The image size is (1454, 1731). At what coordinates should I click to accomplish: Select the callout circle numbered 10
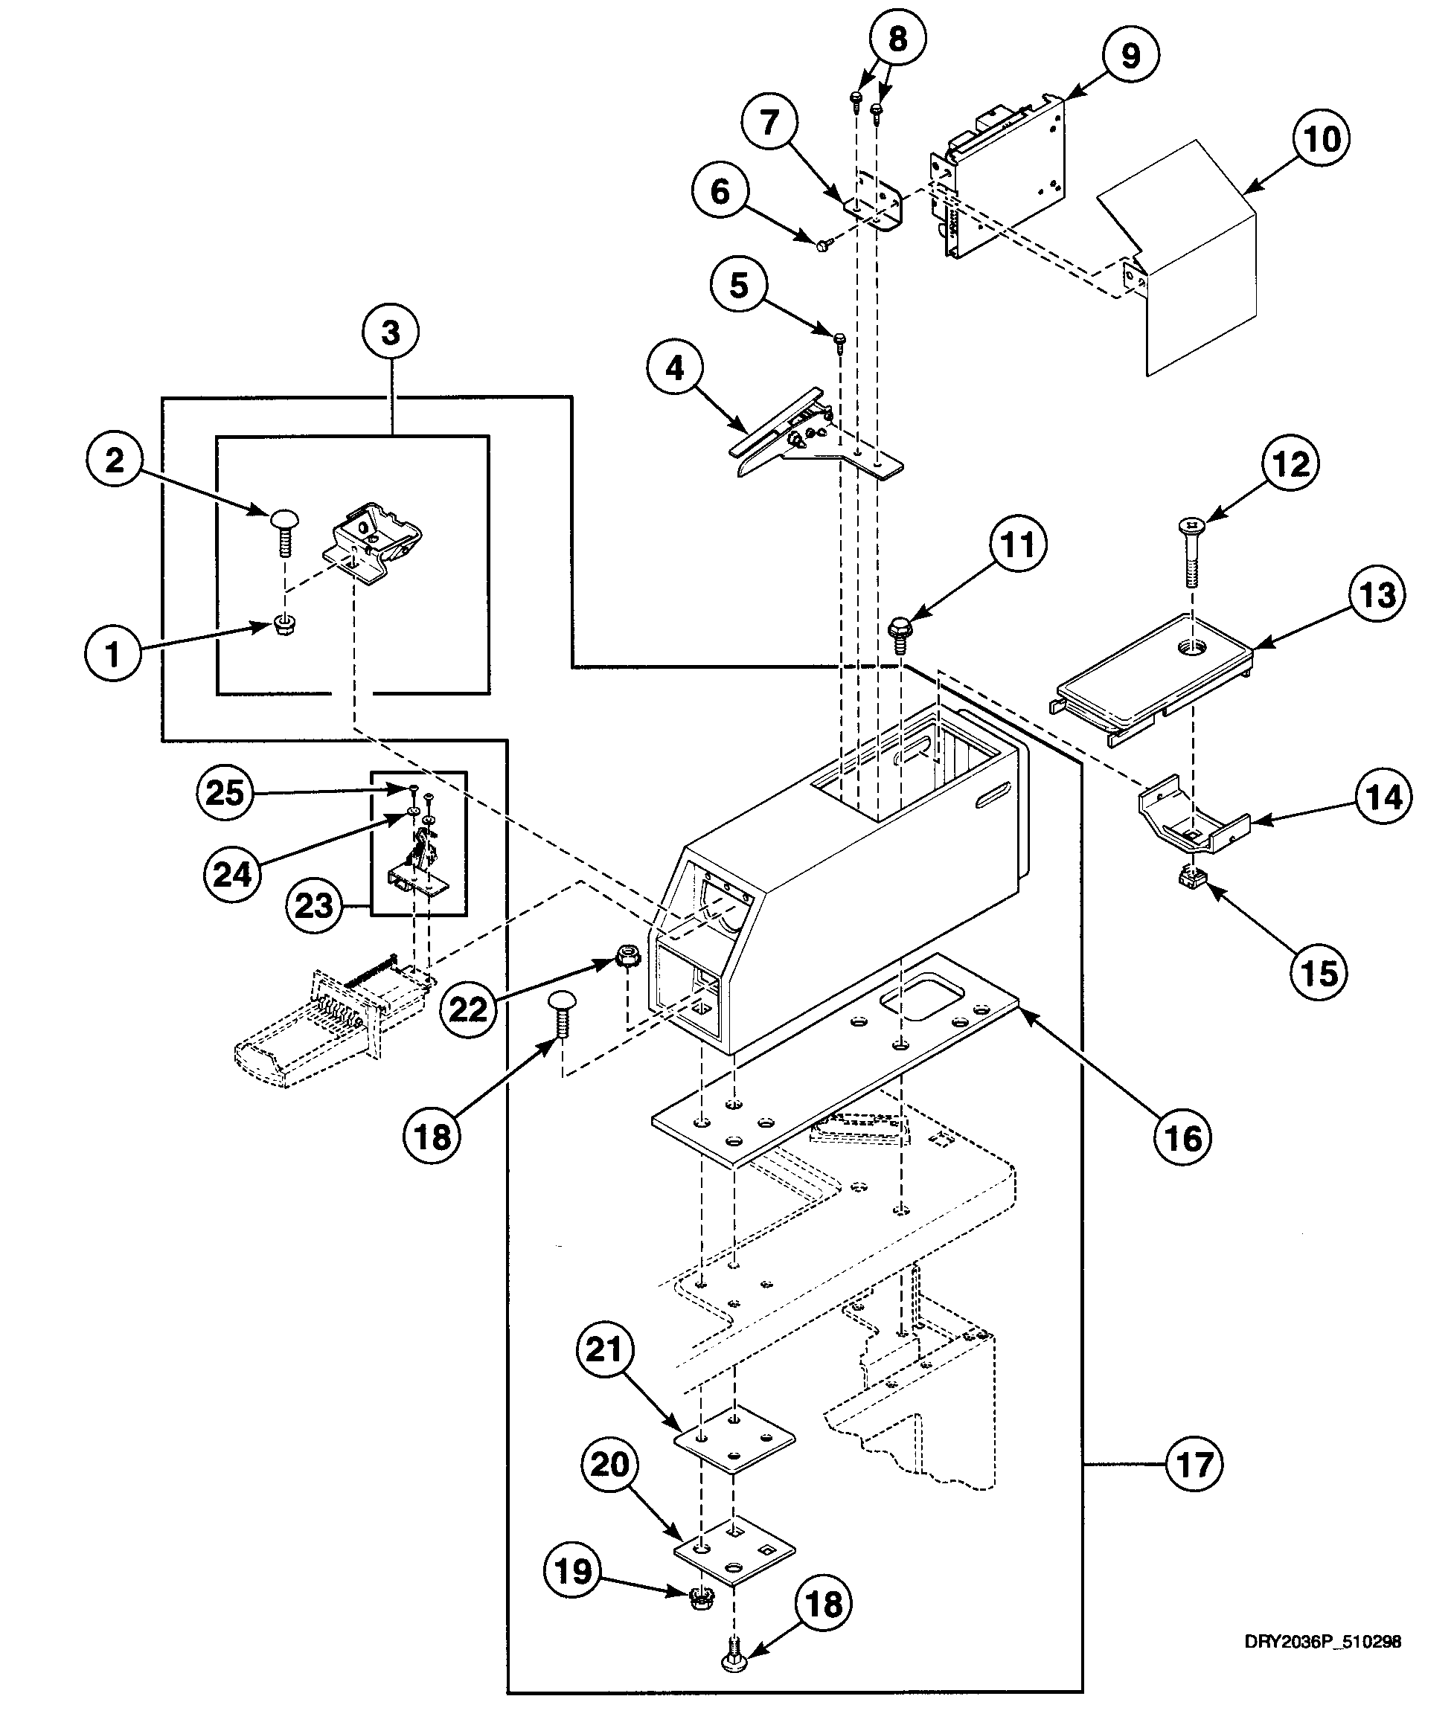click(x=1320, y=138)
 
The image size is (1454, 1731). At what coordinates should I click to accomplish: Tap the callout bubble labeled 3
click(x=390, y=333)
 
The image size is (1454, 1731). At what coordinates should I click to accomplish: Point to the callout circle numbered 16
click(x=1183, y=1137)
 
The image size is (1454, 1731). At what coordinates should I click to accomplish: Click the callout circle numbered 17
click(x=1194, y=1465)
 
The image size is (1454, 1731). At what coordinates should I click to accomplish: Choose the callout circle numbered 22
click(x=467, y=1009)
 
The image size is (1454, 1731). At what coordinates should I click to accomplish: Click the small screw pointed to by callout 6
click(x=822, y=244)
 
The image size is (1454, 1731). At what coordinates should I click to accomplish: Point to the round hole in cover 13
click(x=1192, y=647)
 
